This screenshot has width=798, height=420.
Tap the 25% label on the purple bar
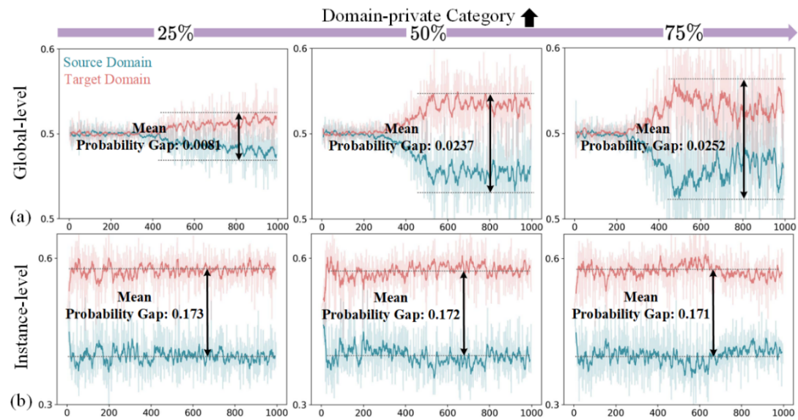click(174, 33)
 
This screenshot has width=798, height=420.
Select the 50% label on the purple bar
click(428, 33)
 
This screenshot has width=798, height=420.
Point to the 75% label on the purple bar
click(683, 33)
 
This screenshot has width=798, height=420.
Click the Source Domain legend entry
click(108, 63)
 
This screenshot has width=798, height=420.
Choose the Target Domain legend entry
click(107, 78)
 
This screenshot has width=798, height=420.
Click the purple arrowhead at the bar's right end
click(788, 33)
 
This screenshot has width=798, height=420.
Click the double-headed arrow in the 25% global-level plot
click(239, 136)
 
